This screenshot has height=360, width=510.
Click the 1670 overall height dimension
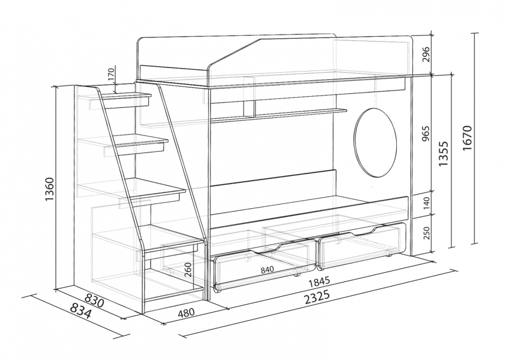click(x=467, y=137)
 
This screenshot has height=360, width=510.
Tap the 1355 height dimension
click(x=444, y=154)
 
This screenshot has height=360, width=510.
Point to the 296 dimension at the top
click(x=427, y=55)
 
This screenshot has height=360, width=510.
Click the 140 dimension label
click(x=427, y=203)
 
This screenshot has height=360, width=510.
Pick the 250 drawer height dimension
click(x=427, y=233)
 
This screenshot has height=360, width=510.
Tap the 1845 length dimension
click(x=319, y=281)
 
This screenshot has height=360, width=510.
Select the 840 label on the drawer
click(x=267, y=269)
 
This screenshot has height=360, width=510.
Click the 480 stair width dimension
click(x=186, y=313)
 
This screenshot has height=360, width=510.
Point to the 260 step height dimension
click(x=188, y=270)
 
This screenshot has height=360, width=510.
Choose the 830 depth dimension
click(x=94, y=300)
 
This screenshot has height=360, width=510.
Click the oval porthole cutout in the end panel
click(x=376, y=142)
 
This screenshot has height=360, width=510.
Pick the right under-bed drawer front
click(x=362, y=244)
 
